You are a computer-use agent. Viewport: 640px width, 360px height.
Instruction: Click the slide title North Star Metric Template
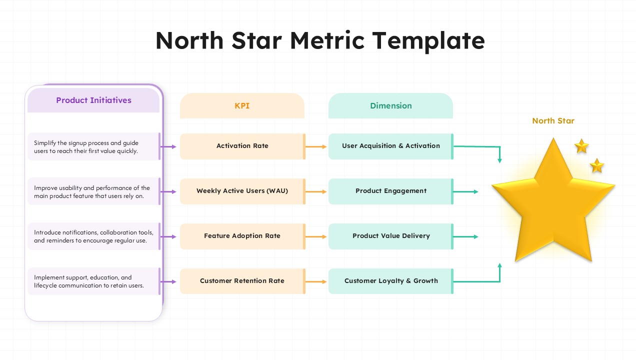coord(320,40)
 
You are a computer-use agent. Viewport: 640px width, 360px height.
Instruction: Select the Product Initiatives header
coord(93,100)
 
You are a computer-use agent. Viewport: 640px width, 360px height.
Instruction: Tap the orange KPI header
coord(242,106)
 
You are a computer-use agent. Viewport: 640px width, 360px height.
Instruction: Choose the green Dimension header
coord(390,106)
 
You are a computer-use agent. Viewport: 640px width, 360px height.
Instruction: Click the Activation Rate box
coord(242,146)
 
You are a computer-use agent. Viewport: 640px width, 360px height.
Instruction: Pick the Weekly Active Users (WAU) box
coord(242,191)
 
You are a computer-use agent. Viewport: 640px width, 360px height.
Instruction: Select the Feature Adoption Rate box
coord(242,236)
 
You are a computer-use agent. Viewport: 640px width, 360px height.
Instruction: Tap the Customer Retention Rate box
coord(242,281)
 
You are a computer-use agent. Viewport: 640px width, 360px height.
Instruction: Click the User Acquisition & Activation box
coord(390,146)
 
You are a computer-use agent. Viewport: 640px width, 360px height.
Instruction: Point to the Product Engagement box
coord(390,191)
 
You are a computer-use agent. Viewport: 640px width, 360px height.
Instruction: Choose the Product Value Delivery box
coord(390,236)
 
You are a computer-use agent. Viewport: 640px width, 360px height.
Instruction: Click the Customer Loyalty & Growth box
coord(390,281)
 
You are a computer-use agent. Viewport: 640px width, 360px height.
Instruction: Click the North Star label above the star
coord(553,121)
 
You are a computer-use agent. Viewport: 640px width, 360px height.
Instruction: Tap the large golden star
coord(553,205)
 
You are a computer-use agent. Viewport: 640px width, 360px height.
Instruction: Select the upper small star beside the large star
coord(581,146)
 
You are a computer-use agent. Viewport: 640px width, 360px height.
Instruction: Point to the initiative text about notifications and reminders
coord(93,236)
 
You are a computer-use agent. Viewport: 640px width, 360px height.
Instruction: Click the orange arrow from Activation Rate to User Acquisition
coord(316,146)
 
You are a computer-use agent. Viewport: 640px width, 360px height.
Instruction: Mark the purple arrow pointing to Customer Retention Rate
coord(168,281)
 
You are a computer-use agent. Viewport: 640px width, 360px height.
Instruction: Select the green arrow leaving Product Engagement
coord(465,191)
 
